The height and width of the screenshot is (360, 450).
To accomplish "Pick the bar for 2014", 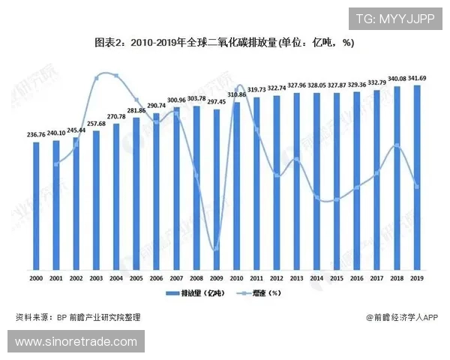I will click(x=317, y=181).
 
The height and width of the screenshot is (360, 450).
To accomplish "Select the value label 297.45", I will click(x=217, y=102).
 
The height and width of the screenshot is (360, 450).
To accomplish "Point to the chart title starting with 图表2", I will click(x=224, y=43).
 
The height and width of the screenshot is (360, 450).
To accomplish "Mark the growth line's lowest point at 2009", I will click(x=217, y=250).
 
